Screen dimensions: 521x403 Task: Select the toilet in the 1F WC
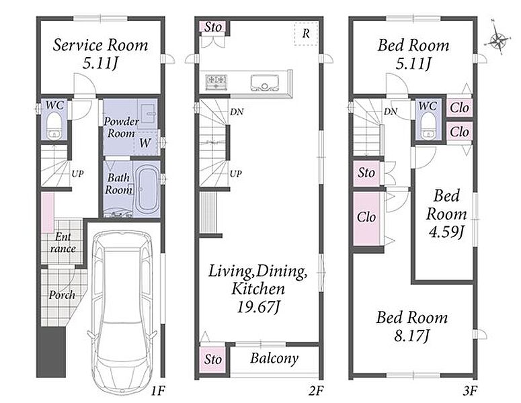pyautogui.click(x=54, y=126)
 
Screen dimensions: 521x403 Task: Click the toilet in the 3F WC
pyautogui.click(x=428, y=126)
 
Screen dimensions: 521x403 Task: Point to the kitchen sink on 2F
pyautogui.click(x=264, y=83)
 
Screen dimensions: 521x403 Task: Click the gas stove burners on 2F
pyautogui.click(x=216, y=82)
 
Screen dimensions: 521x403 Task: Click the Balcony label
pyautogui.click(x=274, y=359)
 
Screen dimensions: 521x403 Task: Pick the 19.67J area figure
pyautogui.click(x=258, y=307)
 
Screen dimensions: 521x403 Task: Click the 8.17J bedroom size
pyautogui.click(x=412, y=336)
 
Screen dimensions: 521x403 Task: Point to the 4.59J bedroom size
pyautogui.click(x=446, y=232)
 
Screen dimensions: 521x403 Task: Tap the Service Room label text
pyautogui.click(x=100, y=46)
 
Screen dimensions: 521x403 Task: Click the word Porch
pyautogui.click(x=62, y=295)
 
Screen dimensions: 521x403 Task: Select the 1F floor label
pyautogui.click(x=157, y=392)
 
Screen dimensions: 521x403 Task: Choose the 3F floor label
pyautogui.click(x=470, y=392)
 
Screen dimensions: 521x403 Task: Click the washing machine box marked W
pyautogui.click(x=145, y=143)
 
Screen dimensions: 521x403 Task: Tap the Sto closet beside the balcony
pyautogui.click(x=213, y=359)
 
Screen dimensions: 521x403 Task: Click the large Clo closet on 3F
pyautogui.click(x=366, y=218)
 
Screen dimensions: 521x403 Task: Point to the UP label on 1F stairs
pyautogui.click(x=77, y=173)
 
